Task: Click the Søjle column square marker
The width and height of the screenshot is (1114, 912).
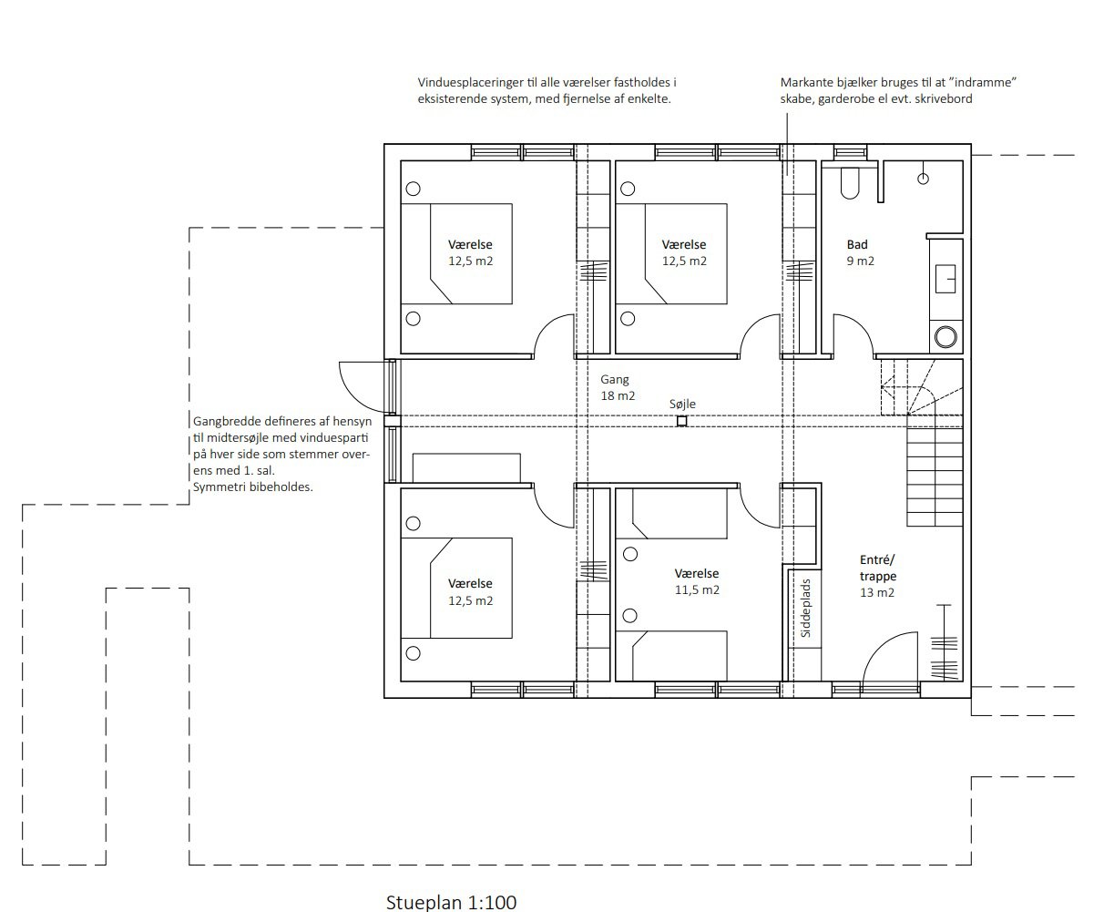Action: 682,421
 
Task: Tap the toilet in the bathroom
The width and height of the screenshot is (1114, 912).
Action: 849,183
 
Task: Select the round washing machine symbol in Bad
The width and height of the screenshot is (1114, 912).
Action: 945,337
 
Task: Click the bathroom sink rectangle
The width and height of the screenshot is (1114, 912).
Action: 945,279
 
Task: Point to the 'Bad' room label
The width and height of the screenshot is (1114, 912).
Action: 857,245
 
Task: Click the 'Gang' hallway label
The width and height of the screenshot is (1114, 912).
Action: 614,379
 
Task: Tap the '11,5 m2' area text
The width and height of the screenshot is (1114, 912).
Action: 697,589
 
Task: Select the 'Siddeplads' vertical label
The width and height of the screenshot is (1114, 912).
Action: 805,609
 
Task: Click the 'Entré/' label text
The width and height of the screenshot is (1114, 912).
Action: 877,559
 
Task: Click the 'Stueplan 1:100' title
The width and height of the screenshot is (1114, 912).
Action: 451,902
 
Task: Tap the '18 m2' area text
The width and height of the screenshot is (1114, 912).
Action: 618,395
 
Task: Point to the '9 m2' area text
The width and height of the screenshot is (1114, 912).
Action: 861,261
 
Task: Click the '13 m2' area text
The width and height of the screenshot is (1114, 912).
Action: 877,593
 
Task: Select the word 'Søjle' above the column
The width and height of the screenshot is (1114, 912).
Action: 682,405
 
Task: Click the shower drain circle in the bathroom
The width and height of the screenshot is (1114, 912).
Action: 923,179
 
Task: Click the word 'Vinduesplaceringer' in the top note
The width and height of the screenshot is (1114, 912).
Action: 471,82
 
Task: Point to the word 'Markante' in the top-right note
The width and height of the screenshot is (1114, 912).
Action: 803,82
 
